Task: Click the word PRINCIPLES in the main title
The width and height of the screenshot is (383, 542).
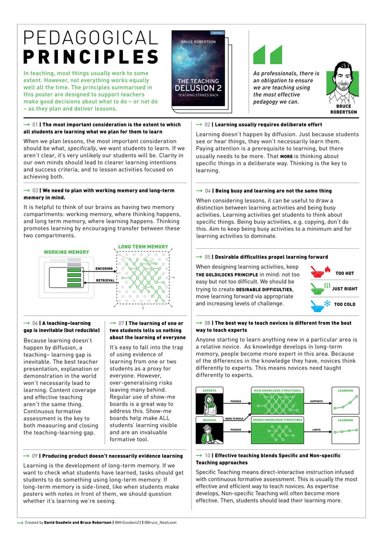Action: click(x=91, y=57)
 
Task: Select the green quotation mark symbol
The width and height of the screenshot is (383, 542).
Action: click(x=267, y=55)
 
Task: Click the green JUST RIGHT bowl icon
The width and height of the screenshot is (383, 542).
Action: click(x=319, y=288)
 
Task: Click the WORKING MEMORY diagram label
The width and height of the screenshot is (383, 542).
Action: click(x=66, y=252)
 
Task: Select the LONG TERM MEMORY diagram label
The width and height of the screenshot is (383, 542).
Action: click(x=143, y=247)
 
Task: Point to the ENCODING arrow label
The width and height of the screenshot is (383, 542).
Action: click(x=104, y=269)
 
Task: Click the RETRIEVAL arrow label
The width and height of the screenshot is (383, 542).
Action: click(x=105, y=280)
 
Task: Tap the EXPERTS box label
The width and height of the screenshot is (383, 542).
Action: click(x=209, y=390)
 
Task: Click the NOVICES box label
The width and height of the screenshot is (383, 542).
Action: click(x=209, y=420)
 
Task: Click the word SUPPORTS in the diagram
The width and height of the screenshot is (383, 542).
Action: click(x=316, y=401)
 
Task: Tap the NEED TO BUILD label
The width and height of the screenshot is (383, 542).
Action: click(x=234, y=419)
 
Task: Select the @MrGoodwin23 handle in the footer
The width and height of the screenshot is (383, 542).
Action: click(x=129, y=523)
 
